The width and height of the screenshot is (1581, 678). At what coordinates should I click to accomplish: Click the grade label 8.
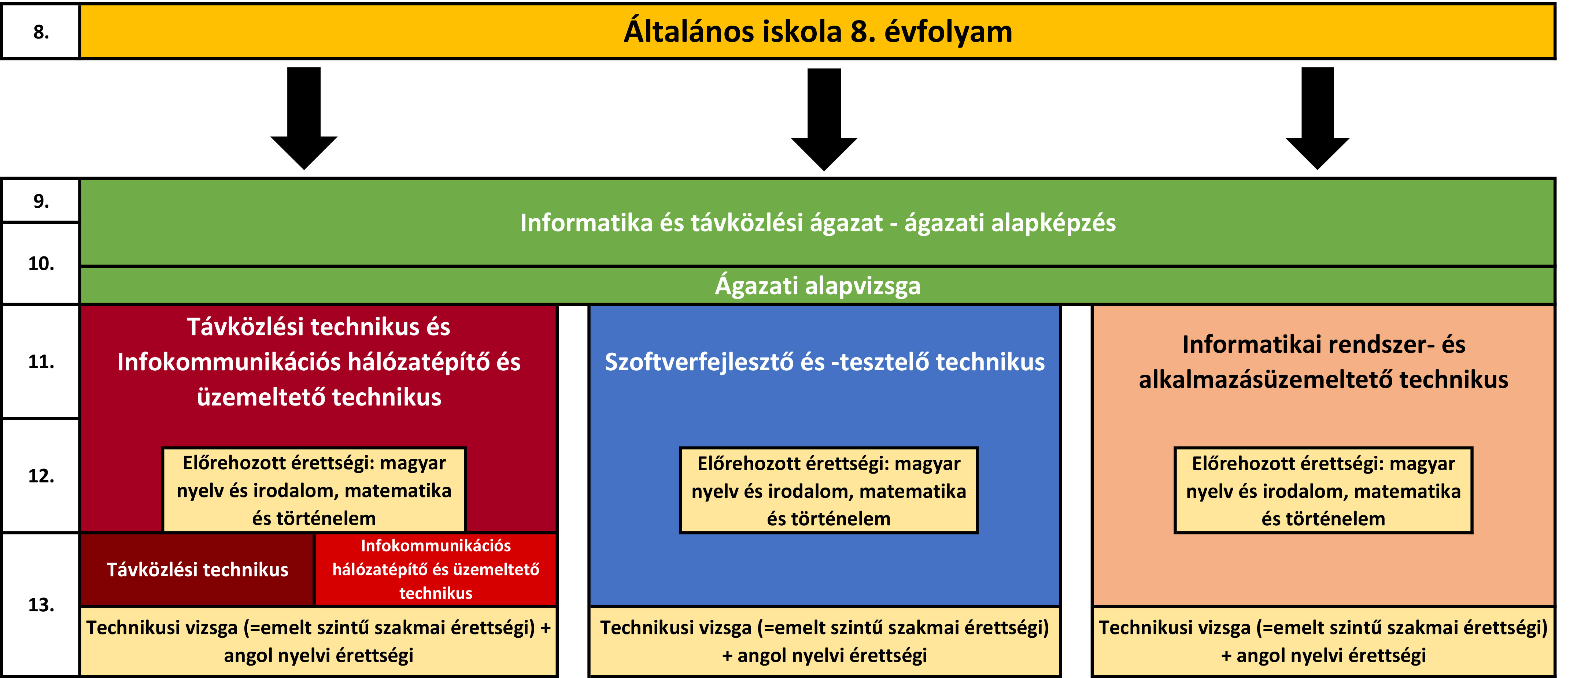coord(41,32)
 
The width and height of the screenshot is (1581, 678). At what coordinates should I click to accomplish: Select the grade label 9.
coord(41,201)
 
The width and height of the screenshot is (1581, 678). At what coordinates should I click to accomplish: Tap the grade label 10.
coord(41,264)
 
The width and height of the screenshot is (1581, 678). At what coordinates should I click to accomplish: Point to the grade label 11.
coord(41,362)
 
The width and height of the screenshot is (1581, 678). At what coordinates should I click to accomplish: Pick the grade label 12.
coord(41,476)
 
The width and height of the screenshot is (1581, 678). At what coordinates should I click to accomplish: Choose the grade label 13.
coord(41,605)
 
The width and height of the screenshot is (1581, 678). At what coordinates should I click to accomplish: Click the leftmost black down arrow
coord(304,118)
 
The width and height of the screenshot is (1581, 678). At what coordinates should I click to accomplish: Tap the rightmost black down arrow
coord(1318,118)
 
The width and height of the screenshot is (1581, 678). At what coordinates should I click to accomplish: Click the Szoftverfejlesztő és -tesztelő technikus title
coord(824,362)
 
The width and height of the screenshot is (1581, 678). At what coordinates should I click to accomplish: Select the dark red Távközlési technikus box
coord(197,570)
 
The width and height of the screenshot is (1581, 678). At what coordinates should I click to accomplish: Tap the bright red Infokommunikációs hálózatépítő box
coord(436,570)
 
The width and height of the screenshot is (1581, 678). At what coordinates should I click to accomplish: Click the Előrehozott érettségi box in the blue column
coord(828,490)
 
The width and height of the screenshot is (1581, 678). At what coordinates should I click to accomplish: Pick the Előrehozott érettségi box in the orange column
coord(1323,490)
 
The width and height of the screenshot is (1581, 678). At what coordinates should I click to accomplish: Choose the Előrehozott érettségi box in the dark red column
coord(314,490)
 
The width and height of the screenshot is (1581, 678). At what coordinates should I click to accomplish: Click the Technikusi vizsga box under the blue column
coord(824,641)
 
